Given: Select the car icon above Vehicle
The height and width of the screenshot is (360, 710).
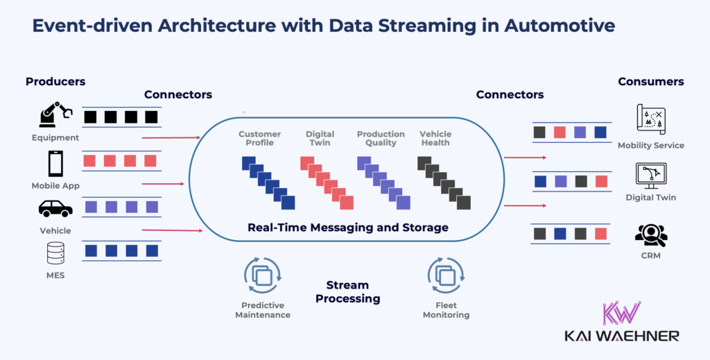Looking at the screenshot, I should pos(55,208).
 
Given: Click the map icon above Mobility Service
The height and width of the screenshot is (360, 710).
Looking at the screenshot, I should pos(650,119).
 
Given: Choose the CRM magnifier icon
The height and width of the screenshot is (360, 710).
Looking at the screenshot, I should pos(650,235).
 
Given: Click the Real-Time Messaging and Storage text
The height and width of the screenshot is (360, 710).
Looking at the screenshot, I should pos(348,228).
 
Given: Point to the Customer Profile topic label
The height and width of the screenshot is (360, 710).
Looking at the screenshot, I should pos(260,138).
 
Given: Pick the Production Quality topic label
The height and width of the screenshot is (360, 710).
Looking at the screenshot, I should pos(381,138).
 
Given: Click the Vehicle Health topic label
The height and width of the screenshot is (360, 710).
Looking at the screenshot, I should pos(435,138).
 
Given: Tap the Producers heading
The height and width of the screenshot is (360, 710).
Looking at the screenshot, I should pos(55,82).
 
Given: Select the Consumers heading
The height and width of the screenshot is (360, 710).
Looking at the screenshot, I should pos(650,82).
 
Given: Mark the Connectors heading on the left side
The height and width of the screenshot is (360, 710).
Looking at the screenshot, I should pos(178,94).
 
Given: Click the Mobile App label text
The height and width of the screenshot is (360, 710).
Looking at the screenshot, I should pos(55,186).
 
